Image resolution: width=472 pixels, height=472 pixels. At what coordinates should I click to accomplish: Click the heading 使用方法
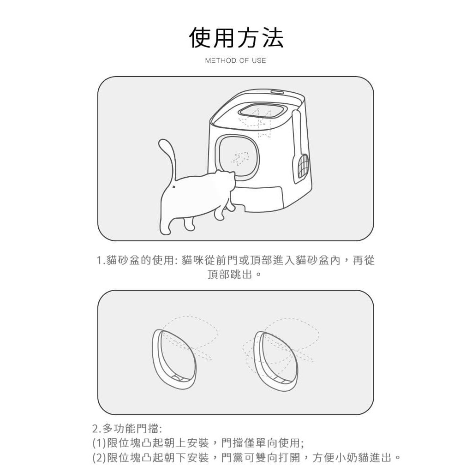point(236,38)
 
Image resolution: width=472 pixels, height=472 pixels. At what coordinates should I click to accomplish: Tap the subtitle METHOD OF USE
point(236,60)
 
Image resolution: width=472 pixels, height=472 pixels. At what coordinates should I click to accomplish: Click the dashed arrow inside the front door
point(240,159)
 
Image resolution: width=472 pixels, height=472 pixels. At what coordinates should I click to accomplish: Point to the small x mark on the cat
point(173,188)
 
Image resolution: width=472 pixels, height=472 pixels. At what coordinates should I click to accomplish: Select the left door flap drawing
point(174,359)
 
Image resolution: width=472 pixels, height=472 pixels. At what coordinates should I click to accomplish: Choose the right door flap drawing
point(276,361)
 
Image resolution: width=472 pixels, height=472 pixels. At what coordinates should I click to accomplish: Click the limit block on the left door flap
point(177,378)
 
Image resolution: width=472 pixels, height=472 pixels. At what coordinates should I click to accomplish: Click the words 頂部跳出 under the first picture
point(230,275)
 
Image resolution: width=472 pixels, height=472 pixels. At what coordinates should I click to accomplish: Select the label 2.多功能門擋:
point(127,428)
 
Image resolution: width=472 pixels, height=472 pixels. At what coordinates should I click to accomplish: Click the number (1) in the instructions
point(99,443)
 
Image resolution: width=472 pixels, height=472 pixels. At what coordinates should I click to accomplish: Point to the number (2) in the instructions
point(99,458)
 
